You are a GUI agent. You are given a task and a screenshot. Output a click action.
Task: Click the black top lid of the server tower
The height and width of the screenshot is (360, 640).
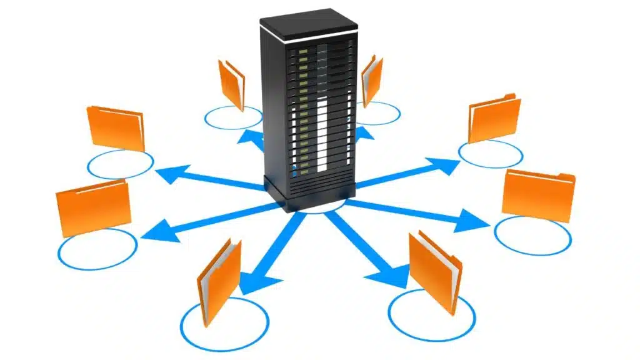[x=308, y=24]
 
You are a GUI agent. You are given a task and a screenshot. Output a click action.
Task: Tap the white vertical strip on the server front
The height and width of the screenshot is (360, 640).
[x=322, y=134]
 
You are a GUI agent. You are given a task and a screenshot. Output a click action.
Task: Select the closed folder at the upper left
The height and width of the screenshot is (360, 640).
[x=116, y=128]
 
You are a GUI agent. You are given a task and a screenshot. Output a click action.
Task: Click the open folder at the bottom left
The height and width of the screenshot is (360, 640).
[x=219, y=275]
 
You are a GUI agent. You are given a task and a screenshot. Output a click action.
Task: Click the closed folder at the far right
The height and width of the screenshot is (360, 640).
[x=538, y=196]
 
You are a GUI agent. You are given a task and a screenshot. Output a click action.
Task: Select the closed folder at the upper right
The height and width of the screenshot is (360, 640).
[x=494, y=118]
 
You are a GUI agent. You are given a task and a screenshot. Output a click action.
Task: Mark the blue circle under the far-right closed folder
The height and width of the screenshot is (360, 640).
[x=532, y=236]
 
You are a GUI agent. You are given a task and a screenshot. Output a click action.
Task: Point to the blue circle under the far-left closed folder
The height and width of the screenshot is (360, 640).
[x=97, y=249]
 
